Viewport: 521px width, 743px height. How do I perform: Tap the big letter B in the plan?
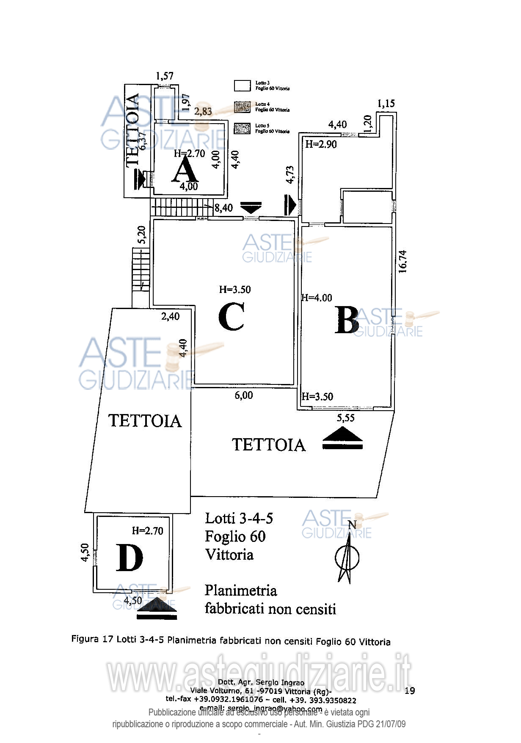[347, 320]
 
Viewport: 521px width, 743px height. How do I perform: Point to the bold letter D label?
[129, 558]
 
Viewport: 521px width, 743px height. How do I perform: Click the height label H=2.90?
[321, 144]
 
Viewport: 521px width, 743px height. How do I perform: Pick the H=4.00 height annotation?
[317, 298]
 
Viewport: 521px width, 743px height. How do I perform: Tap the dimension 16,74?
[402, 261]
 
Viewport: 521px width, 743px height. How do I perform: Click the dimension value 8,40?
[223, 208]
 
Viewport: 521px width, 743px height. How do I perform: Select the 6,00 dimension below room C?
[244, 395]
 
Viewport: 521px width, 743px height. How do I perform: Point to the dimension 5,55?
[345, 418]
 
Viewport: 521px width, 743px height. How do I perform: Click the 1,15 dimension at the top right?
[386, 103]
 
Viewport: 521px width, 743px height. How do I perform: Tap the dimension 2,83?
[203, 111]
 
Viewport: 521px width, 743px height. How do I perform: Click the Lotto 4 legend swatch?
[243, 107]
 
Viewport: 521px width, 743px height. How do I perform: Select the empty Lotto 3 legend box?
[243, 86]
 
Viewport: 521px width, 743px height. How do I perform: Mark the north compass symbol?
[347, 555]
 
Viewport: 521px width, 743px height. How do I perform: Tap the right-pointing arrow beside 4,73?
[290, 205]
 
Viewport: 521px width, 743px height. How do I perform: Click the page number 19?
[410, 691]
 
